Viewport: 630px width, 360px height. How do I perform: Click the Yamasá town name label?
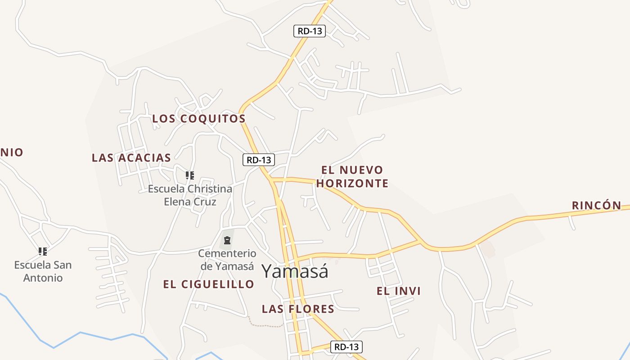(x=295, y=271)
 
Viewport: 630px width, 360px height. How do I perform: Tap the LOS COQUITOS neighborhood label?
(x=199, y=119)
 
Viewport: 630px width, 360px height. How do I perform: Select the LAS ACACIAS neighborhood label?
(x=131, y=157)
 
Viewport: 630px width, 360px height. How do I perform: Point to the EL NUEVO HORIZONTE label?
(x=352, y=176)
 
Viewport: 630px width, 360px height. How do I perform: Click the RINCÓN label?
(x=596, y=206)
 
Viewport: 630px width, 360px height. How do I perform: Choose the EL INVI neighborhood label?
(x=399, y=291)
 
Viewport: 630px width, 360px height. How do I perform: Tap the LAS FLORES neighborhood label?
(x=298, y=309)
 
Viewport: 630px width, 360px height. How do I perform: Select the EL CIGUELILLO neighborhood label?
(x=209, y=284)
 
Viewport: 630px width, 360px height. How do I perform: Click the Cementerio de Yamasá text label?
(x=227, y=260)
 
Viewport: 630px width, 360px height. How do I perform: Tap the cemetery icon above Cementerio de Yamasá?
(x=227, y=241)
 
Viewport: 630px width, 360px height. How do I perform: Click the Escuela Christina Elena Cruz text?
(x=190, y=195)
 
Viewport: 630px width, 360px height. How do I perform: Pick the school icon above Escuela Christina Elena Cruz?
(x=190, y=175)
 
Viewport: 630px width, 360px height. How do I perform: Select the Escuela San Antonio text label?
(x=43, y=271)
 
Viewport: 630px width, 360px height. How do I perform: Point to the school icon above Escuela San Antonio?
(x=43, y=251)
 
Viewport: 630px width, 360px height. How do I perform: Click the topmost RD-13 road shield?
(x=310, y=31)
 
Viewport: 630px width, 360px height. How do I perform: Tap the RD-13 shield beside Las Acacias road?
(x=259, y=160)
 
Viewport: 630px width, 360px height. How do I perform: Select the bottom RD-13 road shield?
(x=346, y=347)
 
